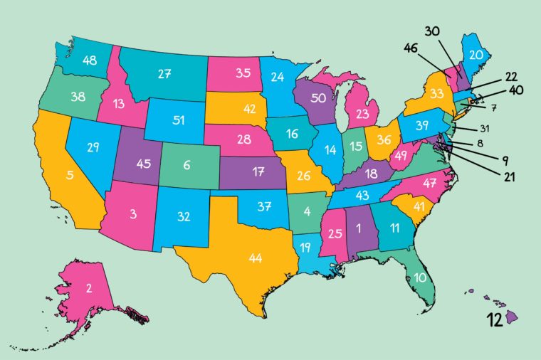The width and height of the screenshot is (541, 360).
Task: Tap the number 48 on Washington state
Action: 89,61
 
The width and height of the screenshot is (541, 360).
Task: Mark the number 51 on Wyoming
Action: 178,120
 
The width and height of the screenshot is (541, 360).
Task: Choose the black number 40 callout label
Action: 518,90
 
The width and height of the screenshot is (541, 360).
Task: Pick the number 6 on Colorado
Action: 187,164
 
